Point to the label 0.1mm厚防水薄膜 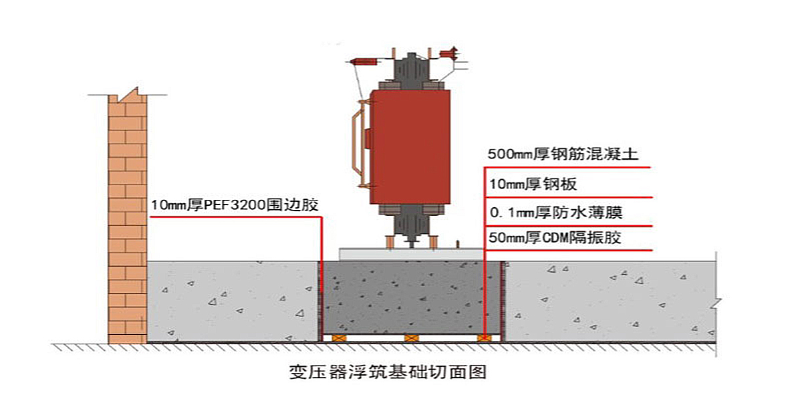[555, 214]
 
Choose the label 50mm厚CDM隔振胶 [555, 238]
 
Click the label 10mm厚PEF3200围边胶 [235, 205]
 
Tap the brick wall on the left [127, 221]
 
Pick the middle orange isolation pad [410, 338]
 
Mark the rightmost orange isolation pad [484, 338]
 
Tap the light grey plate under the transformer [410, 253]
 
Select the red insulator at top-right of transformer [448, 51]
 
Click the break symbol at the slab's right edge [716, 304]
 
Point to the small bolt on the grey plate [458, 244]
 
